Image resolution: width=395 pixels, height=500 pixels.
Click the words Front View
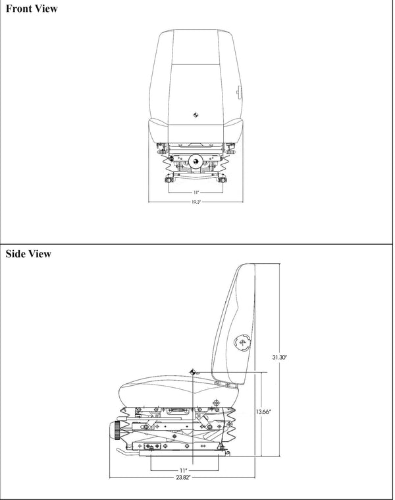tap(31, 9)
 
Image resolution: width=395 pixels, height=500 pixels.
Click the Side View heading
tap(28, 253)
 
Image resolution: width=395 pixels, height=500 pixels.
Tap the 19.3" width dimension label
tap(196, 202)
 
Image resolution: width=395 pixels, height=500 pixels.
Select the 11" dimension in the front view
tap(196, 192)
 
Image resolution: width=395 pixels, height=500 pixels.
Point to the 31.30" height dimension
tap(279, 357)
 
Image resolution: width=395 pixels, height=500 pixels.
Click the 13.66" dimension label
tap(263, 412)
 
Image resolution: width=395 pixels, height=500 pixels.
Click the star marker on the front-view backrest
tap(196, 115)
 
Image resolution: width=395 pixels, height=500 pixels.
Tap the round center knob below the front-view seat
tap(196, 160)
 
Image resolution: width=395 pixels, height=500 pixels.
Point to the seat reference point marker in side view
tap(193, 373)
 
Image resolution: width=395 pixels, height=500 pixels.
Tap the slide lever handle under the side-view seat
tap(122, 452)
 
